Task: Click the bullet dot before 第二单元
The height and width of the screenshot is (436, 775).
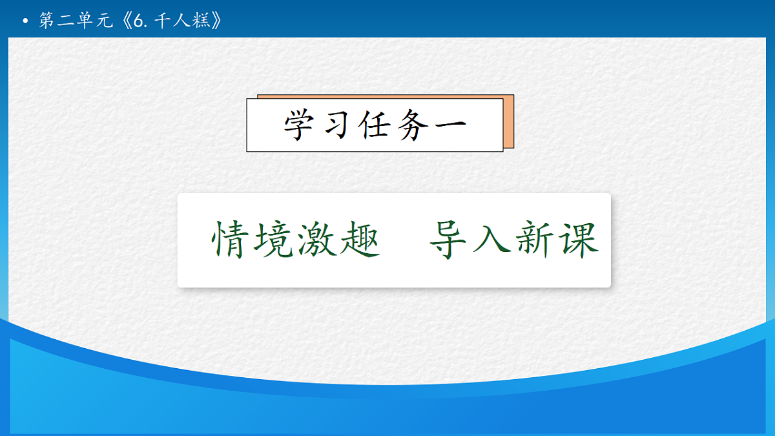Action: (x=25, y=22)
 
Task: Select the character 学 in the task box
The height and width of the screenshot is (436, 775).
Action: (x=302, y=125)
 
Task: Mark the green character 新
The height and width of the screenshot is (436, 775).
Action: (x=536, y=240)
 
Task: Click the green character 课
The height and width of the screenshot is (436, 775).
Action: (x=579, y=240)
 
